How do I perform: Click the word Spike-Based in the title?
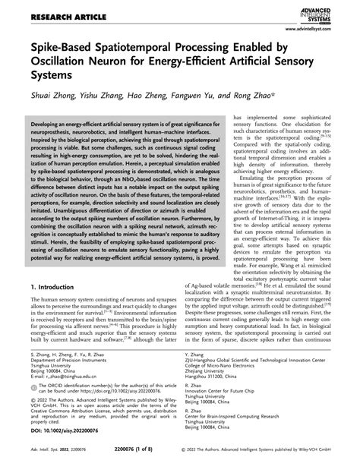[x=66, y=49]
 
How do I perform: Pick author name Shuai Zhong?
[x=57, y=97]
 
